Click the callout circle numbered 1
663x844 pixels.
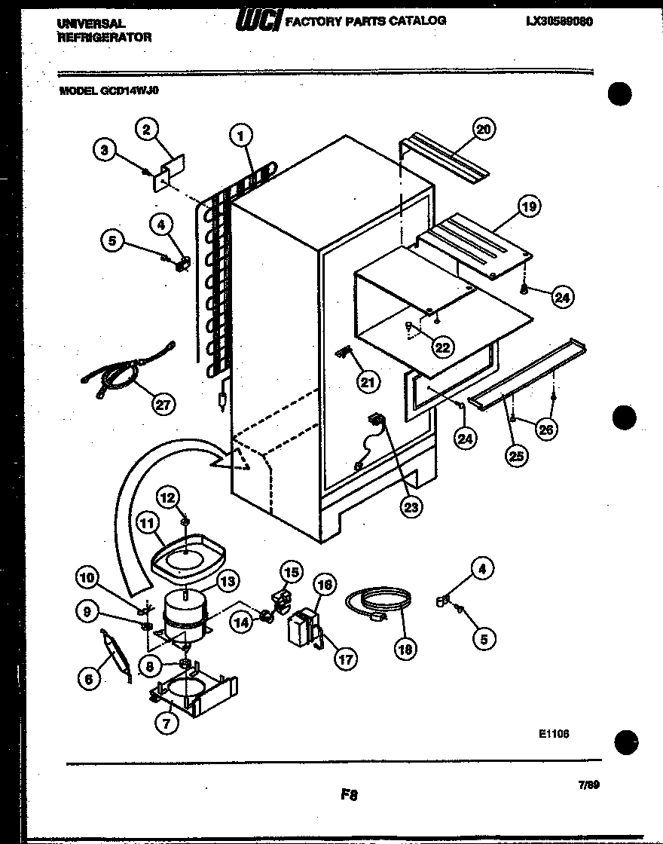240,136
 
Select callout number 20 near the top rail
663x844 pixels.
483,129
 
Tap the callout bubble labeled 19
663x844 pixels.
530,206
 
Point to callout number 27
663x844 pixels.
162,404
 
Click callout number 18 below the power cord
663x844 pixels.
405,648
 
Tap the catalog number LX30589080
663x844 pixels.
559,22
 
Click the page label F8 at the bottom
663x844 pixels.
348,794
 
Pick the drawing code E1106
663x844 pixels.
553,732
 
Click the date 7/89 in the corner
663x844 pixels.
588,784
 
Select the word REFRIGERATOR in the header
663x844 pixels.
105,36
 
